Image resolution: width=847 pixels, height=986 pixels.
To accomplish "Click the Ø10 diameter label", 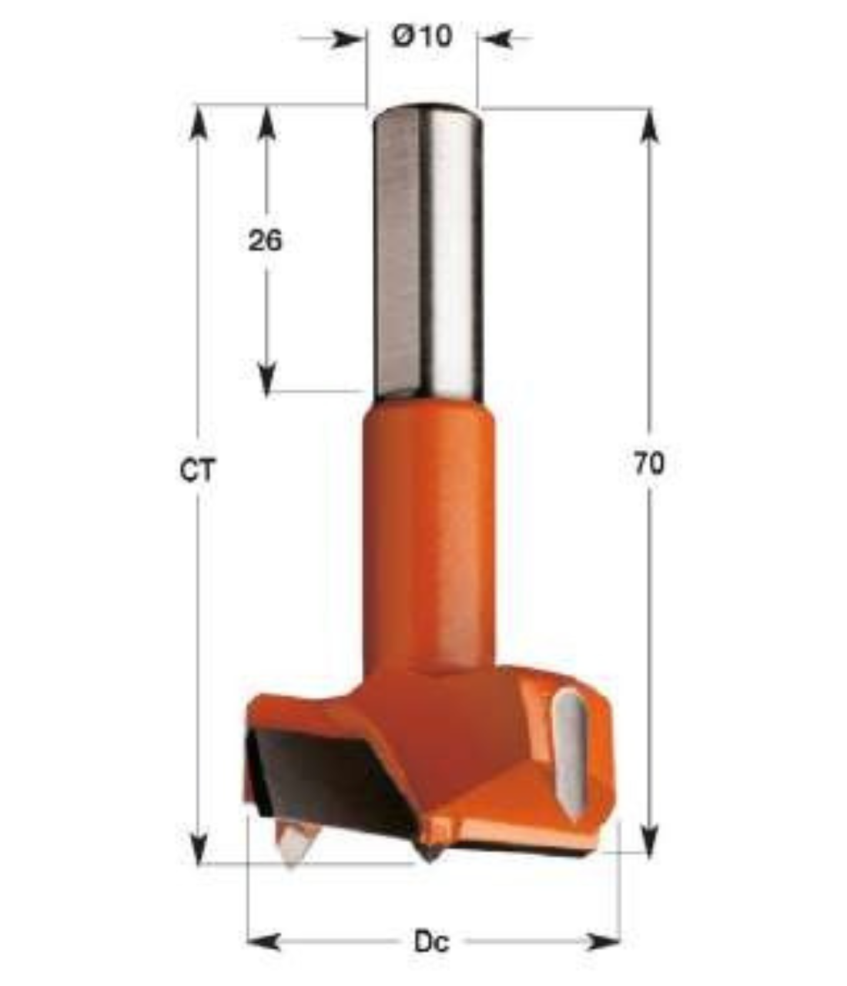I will point(422,36).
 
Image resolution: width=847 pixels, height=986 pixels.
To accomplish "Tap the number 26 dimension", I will point(265,240).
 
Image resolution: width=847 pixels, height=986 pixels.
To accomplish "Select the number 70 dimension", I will point(649,464).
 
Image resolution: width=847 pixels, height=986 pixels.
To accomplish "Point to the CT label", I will point(199,470).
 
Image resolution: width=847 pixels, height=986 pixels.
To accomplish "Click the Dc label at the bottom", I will point(431,941).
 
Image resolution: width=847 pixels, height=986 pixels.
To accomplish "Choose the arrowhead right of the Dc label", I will point(604,941).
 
